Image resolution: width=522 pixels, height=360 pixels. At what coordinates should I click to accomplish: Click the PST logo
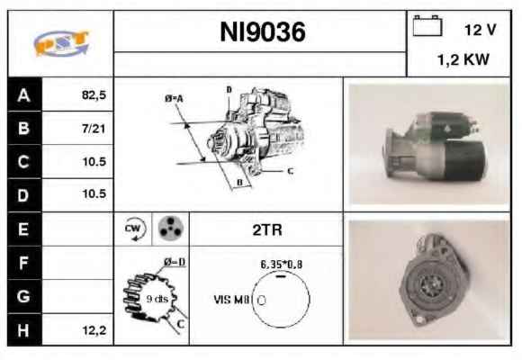[x=61, y=43]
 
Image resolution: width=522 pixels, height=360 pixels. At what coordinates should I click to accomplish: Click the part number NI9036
[x=262, y=32]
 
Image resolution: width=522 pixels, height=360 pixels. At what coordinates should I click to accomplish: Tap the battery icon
[x=427, y=25]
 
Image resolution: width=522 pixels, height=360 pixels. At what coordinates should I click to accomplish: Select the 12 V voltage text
[x=480, y=30]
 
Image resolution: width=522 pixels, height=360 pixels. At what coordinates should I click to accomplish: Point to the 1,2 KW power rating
[x=463, y=59]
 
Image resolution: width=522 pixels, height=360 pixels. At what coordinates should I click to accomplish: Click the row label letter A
[x=23, y=95]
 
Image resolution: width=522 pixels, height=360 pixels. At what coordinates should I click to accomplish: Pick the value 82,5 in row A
[x=94, y=95]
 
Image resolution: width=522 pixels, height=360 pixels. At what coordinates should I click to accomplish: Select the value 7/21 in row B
[x=94, y=129]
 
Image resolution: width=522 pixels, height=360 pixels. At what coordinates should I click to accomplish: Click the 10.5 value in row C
[x=94, y=161]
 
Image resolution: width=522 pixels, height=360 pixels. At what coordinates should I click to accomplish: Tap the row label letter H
[x=23, y=330]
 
